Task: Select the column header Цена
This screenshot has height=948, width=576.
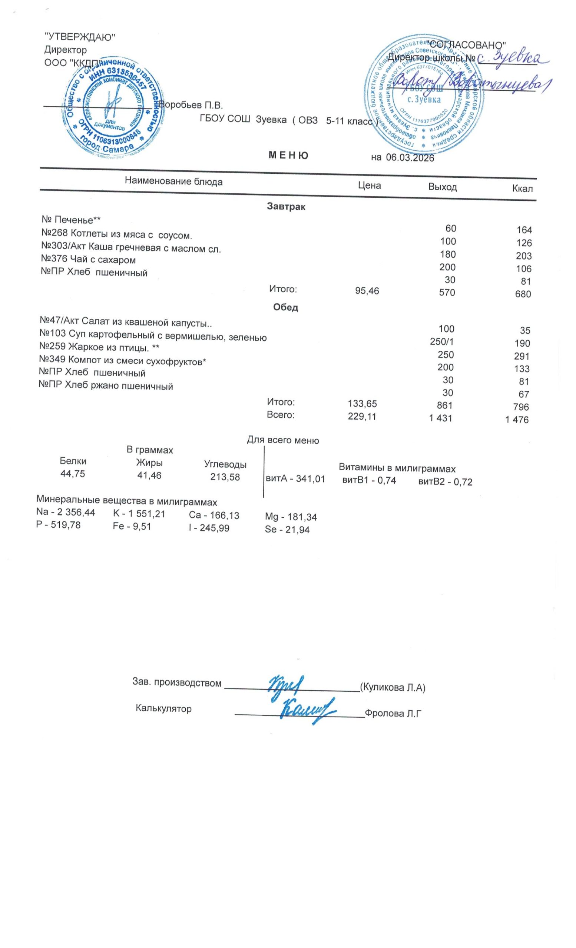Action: (x=369, y=186)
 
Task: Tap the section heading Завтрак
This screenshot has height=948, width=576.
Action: (x=286, y=207)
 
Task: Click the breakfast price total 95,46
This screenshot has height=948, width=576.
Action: (x=367, y=291)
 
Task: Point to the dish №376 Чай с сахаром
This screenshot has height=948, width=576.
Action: (x=88, y=260)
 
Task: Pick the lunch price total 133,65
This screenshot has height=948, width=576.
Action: (x=362, y=404)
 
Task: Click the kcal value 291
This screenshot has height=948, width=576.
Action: (x=522, y=356)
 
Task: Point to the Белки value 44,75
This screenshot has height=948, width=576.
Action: (x=73, y=474)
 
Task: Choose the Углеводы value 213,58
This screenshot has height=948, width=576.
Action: (x=225, y=477)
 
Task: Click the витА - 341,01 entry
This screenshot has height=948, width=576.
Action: (x=295, y=479)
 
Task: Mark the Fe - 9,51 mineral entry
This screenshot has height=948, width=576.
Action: (x=132, y=526)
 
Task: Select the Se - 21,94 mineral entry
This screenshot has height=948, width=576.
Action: (x=287, y=530)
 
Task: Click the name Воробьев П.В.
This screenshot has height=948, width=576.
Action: (x=191, y=105)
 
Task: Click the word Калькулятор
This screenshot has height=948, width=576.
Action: (x=163, y=708)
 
